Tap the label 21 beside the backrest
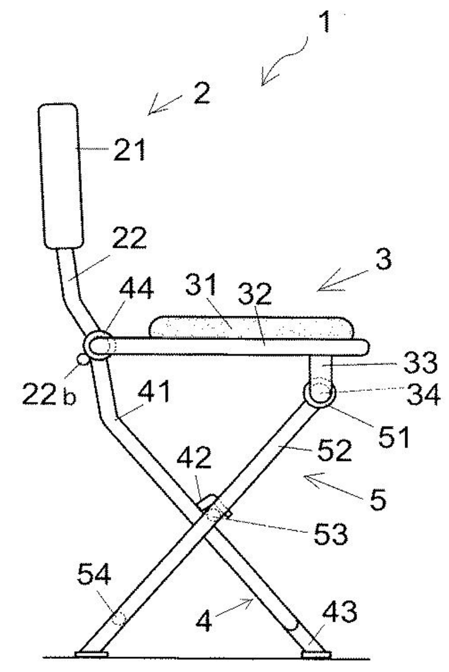click(129, 150)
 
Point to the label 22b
click(49, 396)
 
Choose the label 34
click(422, 395)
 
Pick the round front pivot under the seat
click(319, 394)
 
